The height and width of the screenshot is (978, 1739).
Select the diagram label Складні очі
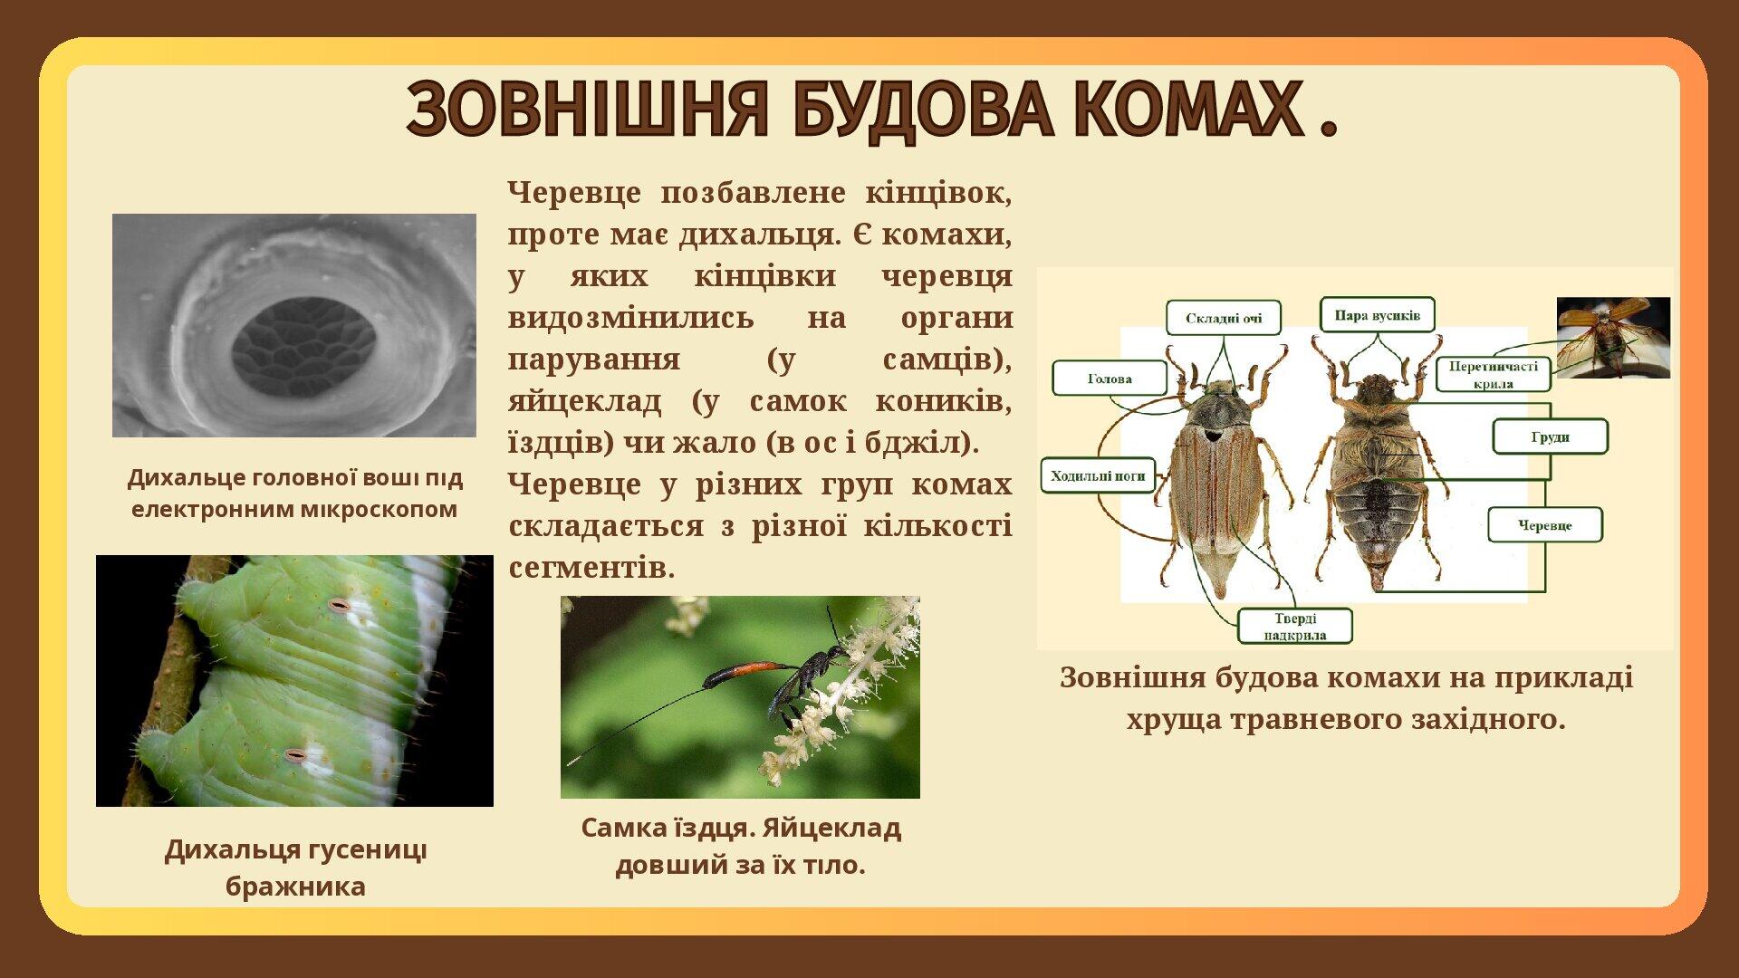click(x=1223, y=318)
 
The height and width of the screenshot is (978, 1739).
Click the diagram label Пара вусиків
click(x=1377, y=315)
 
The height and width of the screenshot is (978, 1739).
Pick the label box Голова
click(x=1110, y=379)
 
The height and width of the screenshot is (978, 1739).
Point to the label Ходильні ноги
click(x=1098, y=475)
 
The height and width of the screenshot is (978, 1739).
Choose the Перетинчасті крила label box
click(x=1493, y=374)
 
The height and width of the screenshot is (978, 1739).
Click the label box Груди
click(x=1550, y=436)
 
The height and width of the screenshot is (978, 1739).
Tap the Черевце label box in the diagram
click(x=1544, y=525)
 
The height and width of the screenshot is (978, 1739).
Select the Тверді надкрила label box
click(x=1295, y=626)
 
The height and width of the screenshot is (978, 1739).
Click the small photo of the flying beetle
click(x=1612, y=337)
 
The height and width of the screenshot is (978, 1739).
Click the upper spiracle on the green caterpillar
click(x=340, y=604)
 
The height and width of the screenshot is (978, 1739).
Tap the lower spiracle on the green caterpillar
click(x=295, y=754)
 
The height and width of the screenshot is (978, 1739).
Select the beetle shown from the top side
click(x=1215, y=480)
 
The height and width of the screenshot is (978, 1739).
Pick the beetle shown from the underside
click(x=1377, y=480)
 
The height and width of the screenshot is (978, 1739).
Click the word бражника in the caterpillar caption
click(x=295, y=886)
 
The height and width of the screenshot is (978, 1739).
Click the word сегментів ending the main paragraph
click(x=591, y=568)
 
